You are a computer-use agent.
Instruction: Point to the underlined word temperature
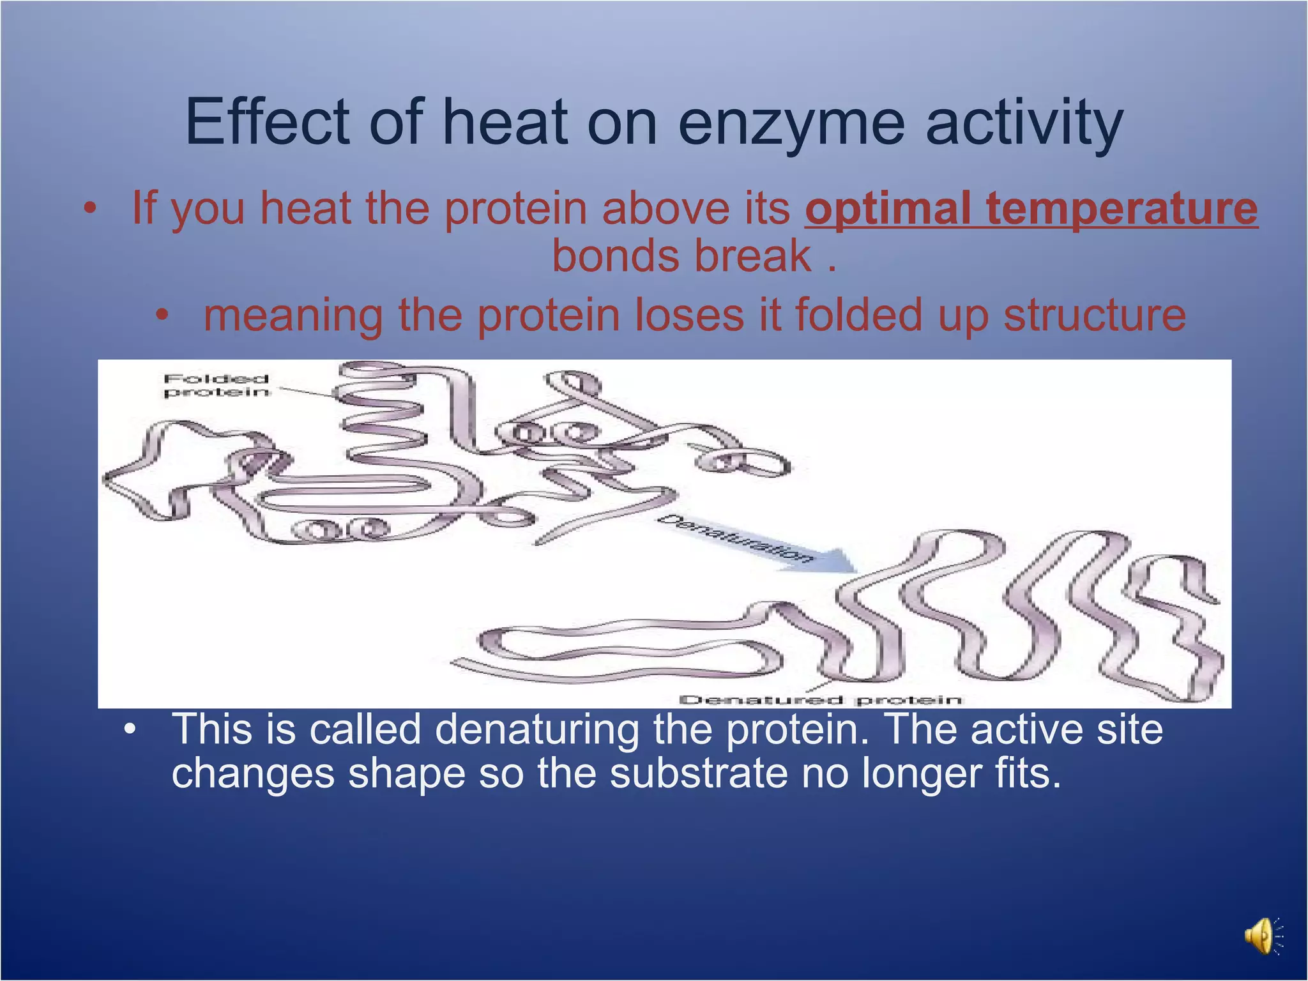(x=1122, y=209)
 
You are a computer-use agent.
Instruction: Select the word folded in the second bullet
(x=858, y=315)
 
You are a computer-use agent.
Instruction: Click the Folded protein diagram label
(x=216, y=385)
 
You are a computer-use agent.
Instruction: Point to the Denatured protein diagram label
(x=820, y=700)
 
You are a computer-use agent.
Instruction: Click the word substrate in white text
(x=699, y=773)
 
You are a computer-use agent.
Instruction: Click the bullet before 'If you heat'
(x=91, y=209)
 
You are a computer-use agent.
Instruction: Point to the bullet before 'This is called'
(x=130, y=729)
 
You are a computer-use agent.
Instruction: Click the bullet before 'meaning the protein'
(x=163, y=315)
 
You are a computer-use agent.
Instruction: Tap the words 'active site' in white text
(x=1066, y=729)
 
